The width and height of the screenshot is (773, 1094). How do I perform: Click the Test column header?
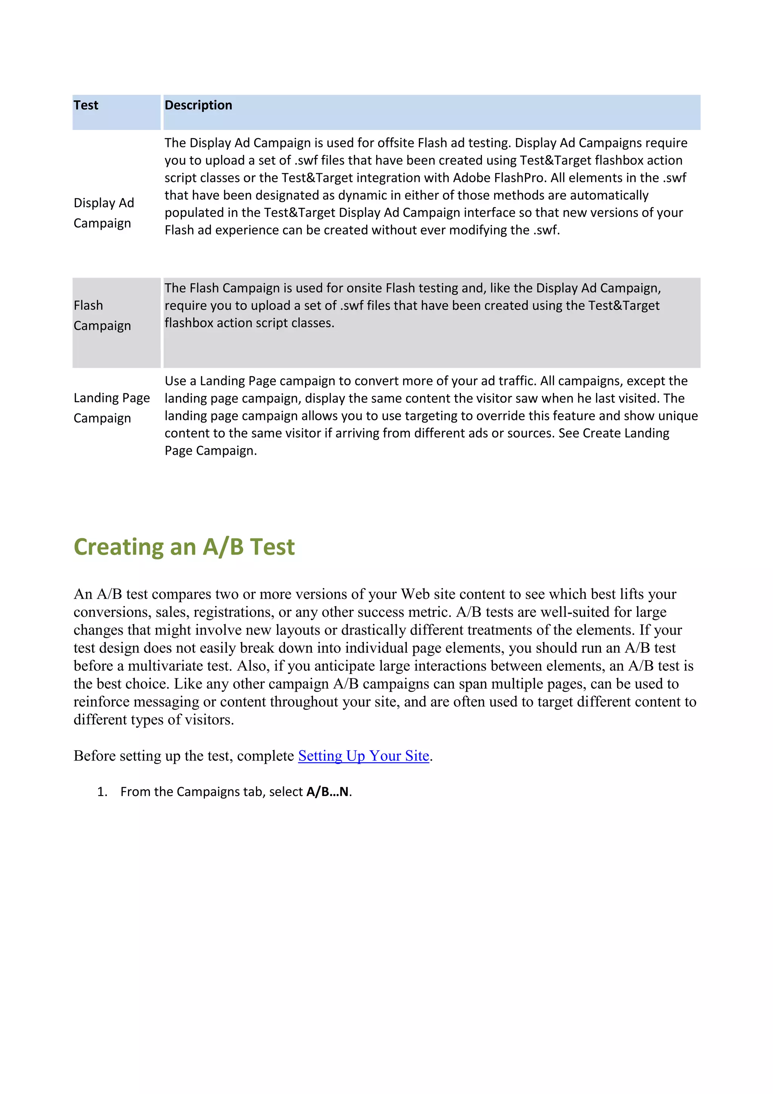pos(86,105)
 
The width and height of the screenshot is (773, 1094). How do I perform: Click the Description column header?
pos(198,105)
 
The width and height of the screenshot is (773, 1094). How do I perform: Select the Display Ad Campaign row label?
pos(104,213)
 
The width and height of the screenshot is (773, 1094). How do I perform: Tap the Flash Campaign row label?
pos(102,315)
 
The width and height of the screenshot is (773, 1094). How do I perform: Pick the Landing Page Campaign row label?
pos(111,408)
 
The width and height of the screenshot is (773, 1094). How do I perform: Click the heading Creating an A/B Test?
pos(184,547)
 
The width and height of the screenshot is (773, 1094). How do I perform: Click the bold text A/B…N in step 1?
pos(328,791)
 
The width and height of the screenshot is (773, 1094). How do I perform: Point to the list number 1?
pos(102,792)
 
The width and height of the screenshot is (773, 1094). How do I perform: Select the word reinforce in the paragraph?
pos(103,702)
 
